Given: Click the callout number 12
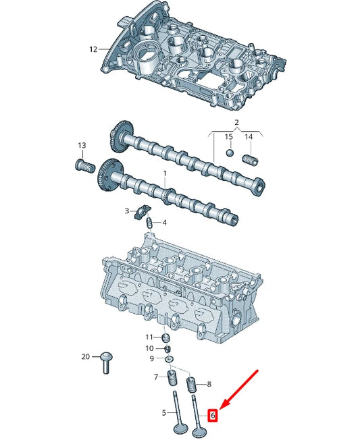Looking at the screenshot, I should pos(94,49).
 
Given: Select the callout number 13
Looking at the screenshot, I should pos(82,146).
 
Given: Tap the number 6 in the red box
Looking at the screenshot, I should pos(213,416).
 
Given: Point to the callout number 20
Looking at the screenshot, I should pos(85,356).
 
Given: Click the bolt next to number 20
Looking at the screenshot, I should pos(105,362).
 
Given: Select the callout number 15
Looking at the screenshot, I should pos(228,137).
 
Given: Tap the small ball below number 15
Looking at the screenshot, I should pos(229,153).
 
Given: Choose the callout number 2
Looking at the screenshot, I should pos(236,122).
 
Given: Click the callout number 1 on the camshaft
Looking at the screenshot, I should pos(164,174).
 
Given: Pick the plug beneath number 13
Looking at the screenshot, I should pos(81,165).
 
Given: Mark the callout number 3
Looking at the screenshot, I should pos(126,211).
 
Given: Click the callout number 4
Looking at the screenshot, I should pos(165,223).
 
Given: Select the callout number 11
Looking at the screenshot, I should pos(149,337).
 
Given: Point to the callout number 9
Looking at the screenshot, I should pos(151,358).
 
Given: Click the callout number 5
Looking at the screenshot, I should pos(163,412).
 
